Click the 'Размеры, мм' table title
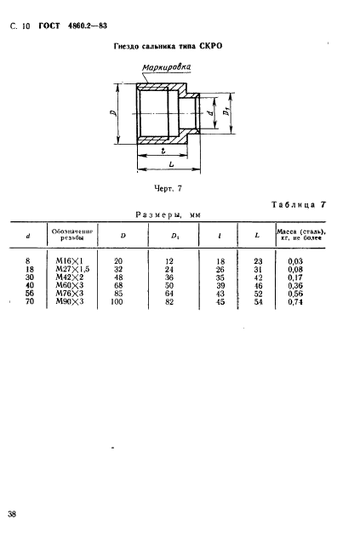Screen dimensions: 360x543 click(163, 217)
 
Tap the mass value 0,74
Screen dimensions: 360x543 click(295, 302)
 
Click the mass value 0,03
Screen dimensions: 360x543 click(295, 261)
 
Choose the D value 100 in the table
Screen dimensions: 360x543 click(118, 301)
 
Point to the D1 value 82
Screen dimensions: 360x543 click(169, 301)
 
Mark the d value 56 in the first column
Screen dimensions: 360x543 click(27, 294)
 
